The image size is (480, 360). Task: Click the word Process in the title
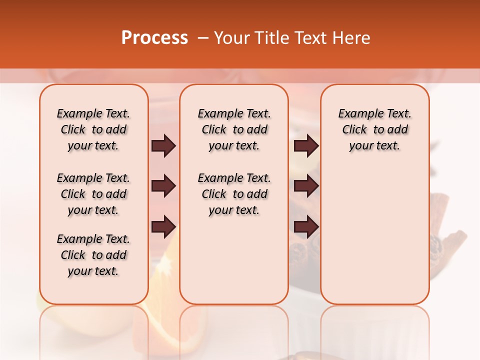tap(154, 38)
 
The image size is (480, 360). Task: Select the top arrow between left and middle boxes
tap(163, 146)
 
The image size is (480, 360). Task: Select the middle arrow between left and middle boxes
tap(163, 186)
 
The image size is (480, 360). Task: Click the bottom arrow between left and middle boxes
tap(163, 227)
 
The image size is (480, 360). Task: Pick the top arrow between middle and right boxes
tap(306, 146)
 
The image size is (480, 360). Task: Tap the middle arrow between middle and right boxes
tap(306, 186)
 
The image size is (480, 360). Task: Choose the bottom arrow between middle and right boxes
tap(306, 227)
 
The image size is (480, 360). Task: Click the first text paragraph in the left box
tap(93, 129)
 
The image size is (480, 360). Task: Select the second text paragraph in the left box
tap(93, 194)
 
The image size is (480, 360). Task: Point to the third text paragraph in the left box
tap(93, 255)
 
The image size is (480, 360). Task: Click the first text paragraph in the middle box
tap(234, 129)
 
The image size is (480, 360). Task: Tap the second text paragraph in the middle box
tap(234, 194)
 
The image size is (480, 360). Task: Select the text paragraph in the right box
tap(375, 129)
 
